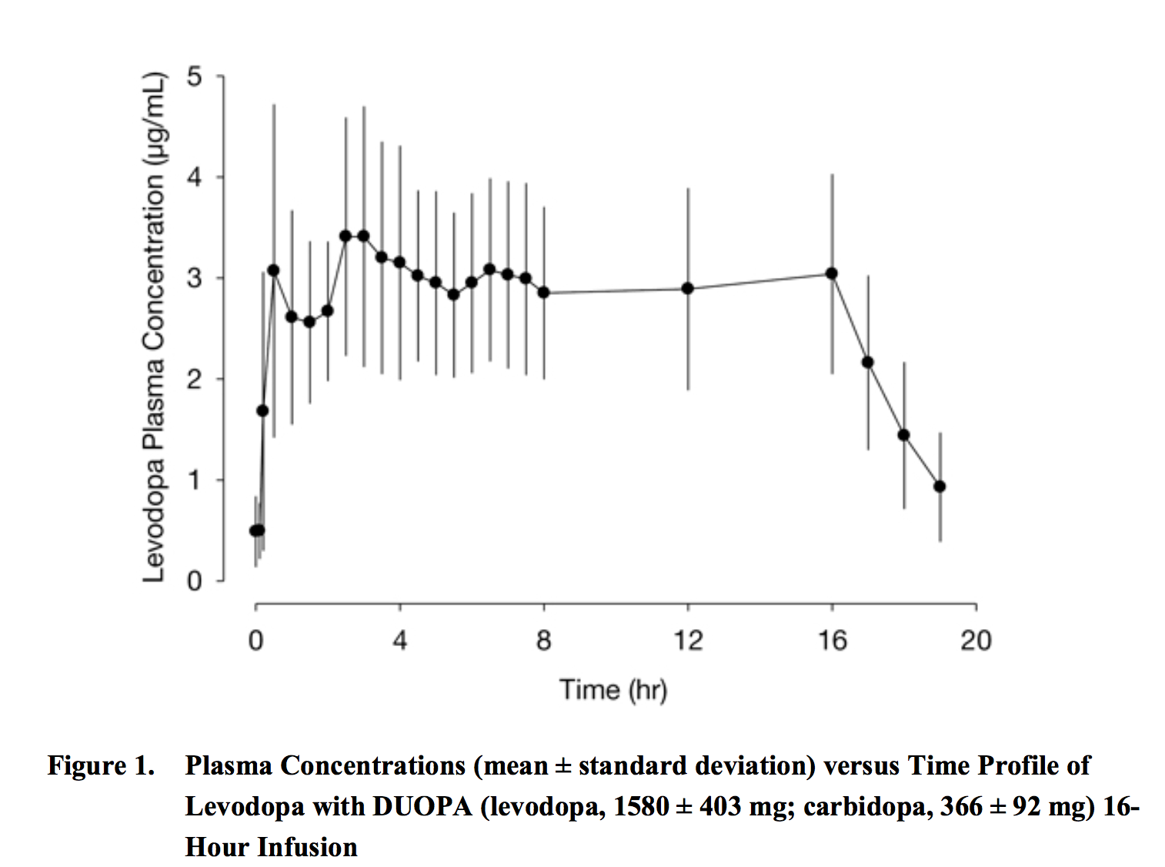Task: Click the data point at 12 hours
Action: (688, 289)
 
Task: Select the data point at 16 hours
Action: (832, 273)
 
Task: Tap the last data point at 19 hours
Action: (940, 487)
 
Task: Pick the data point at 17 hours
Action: (868, 362)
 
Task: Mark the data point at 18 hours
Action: (904, 435)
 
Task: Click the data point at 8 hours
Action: (544, 293)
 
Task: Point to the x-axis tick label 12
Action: (688, 641)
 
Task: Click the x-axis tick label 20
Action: (976, 641)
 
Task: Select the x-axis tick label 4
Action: (399, 641)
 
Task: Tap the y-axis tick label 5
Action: (194, 76)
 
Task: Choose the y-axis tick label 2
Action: (194, 379)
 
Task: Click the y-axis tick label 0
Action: (194, 581)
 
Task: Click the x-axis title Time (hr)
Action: (613, 689)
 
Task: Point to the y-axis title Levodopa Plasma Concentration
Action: (155, 328)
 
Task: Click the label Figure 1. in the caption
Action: (101, 765)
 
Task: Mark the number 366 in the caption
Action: (961, 806)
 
